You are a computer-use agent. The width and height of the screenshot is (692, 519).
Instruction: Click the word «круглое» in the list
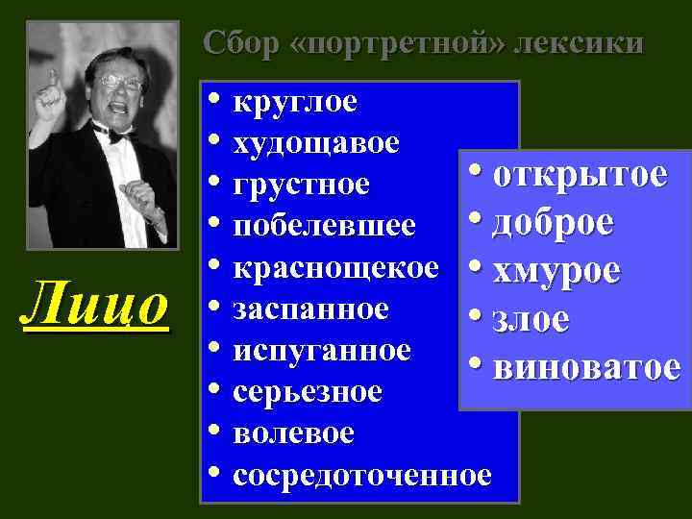(295, 102)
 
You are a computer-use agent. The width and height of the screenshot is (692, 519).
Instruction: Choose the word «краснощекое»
(335, 267)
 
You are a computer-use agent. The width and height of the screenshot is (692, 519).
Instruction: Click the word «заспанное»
(310, 309)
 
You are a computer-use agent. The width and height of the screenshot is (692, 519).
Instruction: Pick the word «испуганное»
(321, 350)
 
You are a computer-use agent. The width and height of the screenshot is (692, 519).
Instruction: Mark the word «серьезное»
(308, 392)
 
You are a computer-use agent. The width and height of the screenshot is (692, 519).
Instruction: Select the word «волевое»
(293, 433)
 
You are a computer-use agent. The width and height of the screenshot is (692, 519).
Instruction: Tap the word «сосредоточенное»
(361, 475)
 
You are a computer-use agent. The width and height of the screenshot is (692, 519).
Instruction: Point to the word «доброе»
(554, 223)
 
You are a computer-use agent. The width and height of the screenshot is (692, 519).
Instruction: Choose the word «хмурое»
(555, 272)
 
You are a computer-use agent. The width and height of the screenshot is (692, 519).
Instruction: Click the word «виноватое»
(586, 366)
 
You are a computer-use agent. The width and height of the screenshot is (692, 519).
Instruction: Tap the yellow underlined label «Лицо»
(96, 307)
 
